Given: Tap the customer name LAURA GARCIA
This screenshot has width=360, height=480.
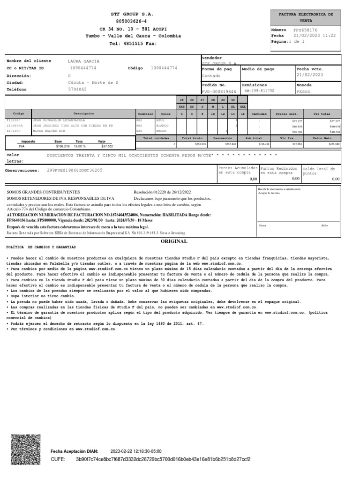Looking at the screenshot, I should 83,61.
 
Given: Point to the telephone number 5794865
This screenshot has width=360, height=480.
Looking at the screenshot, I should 77,89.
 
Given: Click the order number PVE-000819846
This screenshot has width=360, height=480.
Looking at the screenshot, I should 219,92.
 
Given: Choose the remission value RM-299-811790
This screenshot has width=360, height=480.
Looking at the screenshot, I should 260,92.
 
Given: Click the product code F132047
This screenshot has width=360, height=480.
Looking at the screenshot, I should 14,120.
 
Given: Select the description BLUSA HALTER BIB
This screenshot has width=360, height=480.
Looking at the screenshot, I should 49,132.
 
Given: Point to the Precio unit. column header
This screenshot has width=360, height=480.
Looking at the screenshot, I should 287,114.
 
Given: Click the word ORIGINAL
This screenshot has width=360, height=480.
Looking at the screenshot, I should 174,241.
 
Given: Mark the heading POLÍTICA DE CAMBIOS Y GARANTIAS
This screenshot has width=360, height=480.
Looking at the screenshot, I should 41,247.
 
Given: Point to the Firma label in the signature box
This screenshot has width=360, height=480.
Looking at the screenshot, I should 262,225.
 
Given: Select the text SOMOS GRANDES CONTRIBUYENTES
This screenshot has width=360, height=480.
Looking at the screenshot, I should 43,192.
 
